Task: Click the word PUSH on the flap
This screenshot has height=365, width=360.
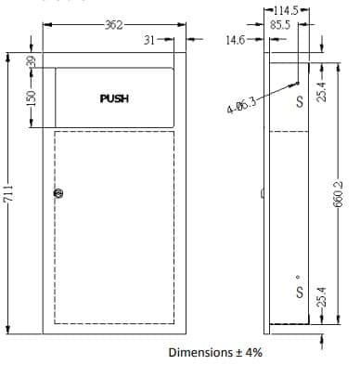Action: (x=114, y=98)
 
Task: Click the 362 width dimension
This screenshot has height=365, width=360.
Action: (x=114, y=25)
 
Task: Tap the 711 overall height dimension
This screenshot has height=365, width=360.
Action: (x=8, y=193)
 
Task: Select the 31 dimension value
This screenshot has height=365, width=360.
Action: (x=149, y=40)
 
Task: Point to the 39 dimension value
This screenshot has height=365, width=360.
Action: (x=32, y=61)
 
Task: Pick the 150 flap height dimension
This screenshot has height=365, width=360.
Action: (x=32, y=98)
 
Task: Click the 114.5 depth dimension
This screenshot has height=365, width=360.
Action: (x=286, y=11)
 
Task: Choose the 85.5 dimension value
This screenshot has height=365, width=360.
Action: (x=280, y=25)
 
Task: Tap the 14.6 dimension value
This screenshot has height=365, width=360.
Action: (x=236, y=40)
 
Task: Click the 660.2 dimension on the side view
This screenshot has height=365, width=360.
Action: (x=339, y=194)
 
